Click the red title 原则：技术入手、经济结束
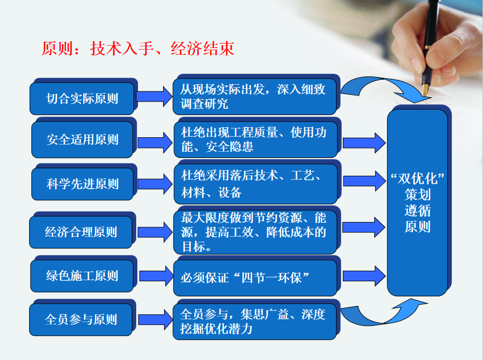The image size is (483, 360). pos(138,49)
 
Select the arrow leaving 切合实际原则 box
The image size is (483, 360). pos(154,97)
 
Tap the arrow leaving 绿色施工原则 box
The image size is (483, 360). pos(156,276)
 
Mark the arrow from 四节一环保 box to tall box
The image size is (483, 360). pos(364,276)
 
